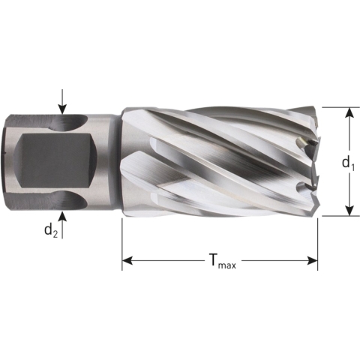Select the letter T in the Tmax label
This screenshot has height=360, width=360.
[213, 260]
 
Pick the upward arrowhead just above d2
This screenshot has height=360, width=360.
[62, 215]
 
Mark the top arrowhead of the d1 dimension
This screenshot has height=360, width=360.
[349, 113]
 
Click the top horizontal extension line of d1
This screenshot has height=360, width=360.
[337, 106]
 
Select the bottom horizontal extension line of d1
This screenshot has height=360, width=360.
[337, 217]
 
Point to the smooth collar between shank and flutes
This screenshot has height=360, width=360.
[111, 161]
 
